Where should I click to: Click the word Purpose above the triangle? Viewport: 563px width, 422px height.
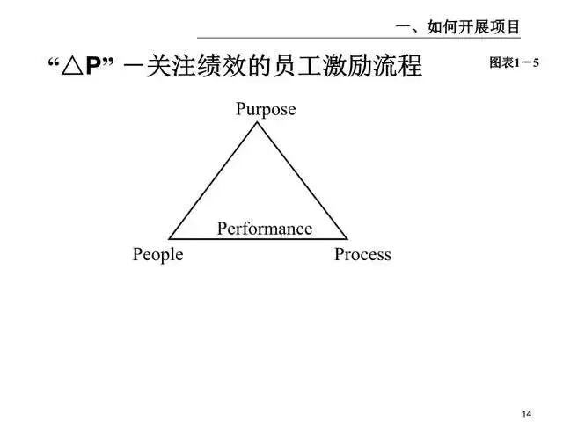(266, 110)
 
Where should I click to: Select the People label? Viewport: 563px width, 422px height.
(158, 255)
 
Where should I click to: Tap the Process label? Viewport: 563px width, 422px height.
(362, 255)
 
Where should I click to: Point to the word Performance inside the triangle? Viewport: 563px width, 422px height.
(265, 229)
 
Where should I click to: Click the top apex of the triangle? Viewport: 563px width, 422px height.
(257, 122)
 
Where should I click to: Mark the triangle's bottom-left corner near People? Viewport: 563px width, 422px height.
(170, 238)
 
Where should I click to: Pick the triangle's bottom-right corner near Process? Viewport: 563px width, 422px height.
(347, 238)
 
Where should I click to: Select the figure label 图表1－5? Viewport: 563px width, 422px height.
(514, 63)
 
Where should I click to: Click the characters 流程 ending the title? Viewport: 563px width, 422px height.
(395, 67)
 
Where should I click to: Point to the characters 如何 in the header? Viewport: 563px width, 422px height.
(442, 27)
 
